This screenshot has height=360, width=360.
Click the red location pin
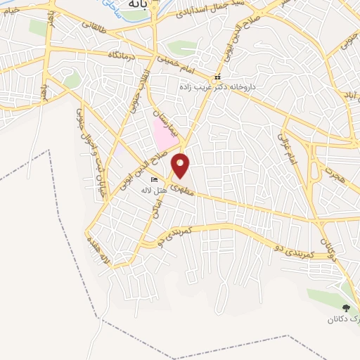[x=181, y=165]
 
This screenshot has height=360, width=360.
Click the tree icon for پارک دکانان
[x=345, y=308]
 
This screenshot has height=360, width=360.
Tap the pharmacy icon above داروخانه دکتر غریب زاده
[x=217, y=76]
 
